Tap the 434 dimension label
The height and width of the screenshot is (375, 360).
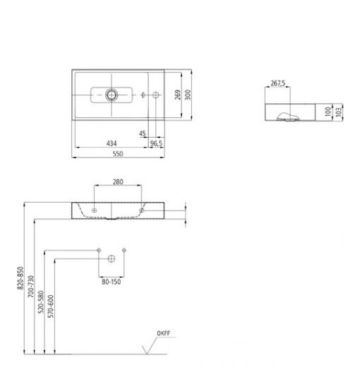point(112,143)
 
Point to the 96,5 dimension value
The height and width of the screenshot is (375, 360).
point(156,143)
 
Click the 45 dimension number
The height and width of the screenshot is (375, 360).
point(143,132)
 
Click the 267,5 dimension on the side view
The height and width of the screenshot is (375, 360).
point(278,83)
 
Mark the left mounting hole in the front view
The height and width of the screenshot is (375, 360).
point(93,210)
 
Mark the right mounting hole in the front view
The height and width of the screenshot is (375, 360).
point(141,210)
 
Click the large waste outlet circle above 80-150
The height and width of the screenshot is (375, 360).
point(112,260)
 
